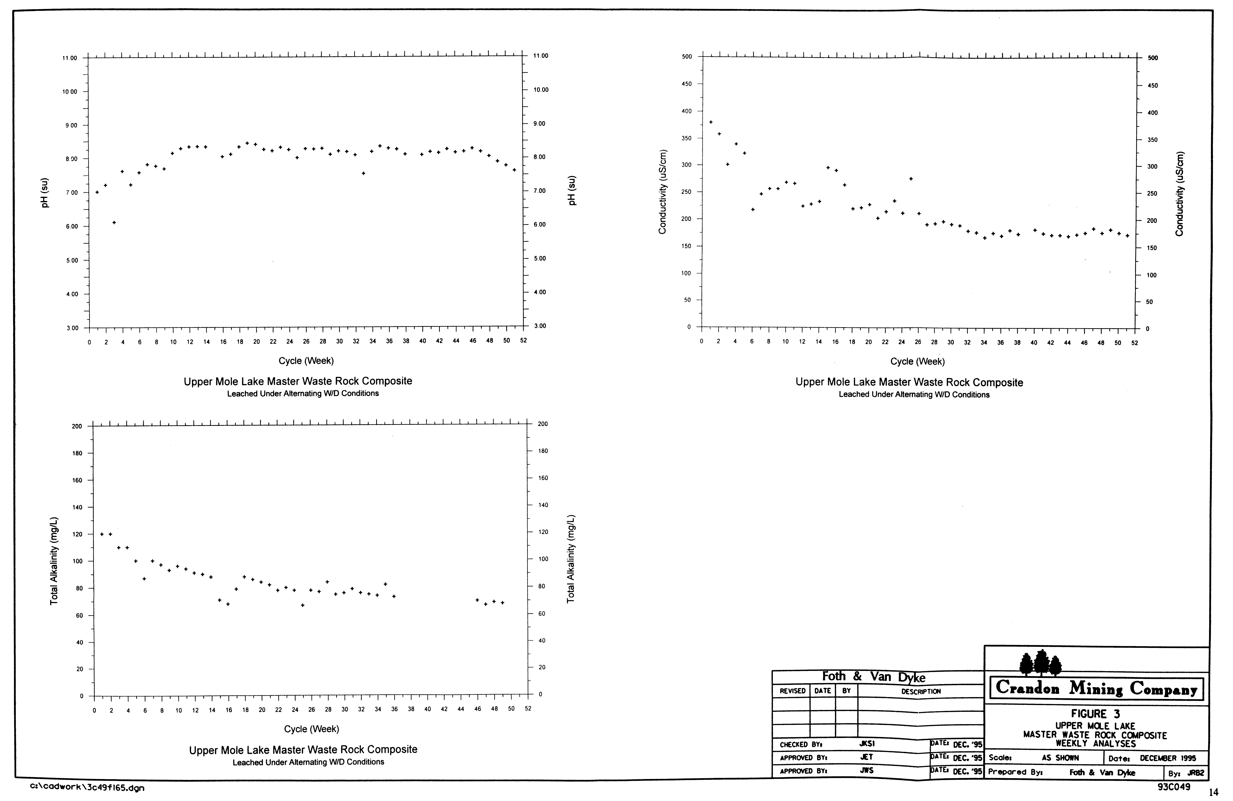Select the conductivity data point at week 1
click(x=711, y=122)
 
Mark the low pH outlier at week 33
click(x=364, y=173)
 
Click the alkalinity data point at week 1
click(x=102, y=534)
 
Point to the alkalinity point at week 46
click(x=477, y=600)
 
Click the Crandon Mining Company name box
click(x=1096, y=689)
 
